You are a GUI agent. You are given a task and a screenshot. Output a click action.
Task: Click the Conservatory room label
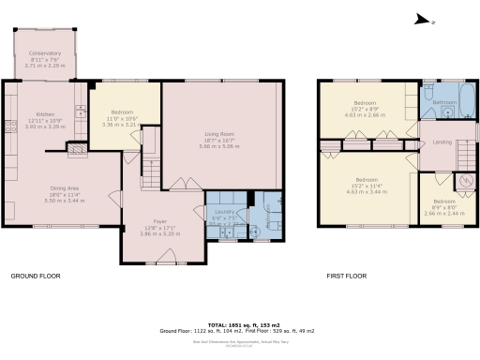click(44, 53)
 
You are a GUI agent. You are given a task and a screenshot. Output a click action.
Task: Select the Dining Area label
click(65, 187)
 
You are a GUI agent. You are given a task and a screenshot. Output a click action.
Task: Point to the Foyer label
click(152, 221)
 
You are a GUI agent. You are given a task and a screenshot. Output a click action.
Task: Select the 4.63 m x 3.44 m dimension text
click(365, 190)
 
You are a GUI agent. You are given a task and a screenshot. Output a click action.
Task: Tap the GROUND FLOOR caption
click(37, 277)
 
